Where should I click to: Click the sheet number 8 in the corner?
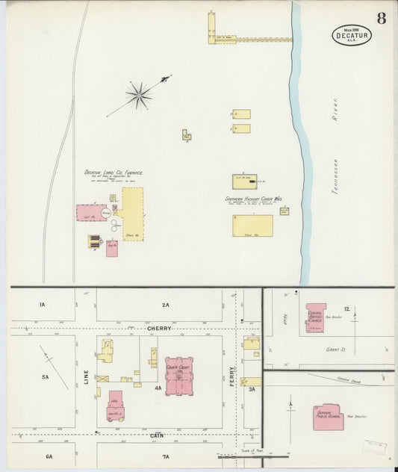tap(381, 19)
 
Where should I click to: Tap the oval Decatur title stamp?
tap(352, 34)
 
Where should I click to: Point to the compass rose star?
tap(139, 94)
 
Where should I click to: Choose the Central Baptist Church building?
tap(316, 317)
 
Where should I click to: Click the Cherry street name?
tap(158, 328)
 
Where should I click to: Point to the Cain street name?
tap(157, 435)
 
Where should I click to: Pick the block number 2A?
tap(165, 305)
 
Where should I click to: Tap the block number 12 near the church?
tap(347, 308)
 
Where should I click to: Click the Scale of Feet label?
tap(249, 450)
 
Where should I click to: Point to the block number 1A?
tap(43, 304)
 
